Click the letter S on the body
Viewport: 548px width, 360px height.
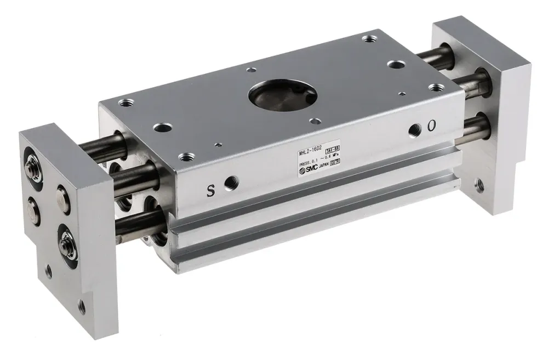[x=210, y=191]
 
